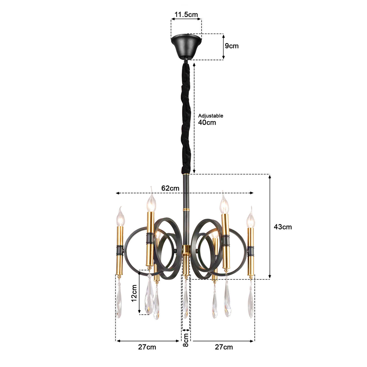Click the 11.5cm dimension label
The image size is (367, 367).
point(186,14)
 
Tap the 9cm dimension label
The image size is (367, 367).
point(232,46)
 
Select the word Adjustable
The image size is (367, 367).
point(210,116)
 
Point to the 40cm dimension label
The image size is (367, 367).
point(207,122)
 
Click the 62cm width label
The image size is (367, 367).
point(170,188)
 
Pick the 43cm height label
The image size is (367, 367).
point(283,227)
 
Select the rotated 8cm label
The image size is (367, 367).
point(186,340)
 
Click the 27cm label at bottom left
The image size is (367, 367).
point(147,347)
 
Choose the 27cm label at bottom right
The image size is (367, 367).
point(224,347)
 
